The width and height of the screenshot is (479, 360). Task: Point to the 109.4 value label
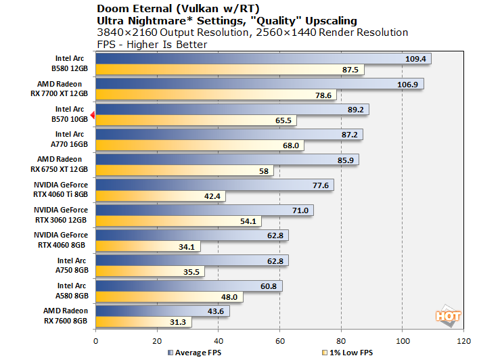415,59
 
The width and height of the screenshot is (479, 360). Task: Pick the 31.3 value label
179,322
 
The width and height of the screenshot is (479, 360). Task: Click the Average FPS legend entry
196,353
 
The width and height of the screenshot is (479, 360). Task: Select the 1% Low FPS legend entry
348,353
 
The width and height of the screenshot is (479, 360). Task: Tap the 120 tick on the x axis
463,340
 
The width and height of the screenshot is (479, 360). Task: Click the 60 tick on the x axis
280,340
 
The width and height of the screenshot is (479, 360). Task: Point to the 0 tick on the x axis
96,340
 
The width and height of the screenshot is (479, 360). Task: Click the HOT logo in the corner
448,315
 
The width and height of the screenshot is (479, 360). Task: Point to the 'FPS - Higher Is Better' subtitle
152,45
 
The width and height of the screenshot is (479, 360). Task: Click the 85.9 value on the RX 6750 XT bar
345,160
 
